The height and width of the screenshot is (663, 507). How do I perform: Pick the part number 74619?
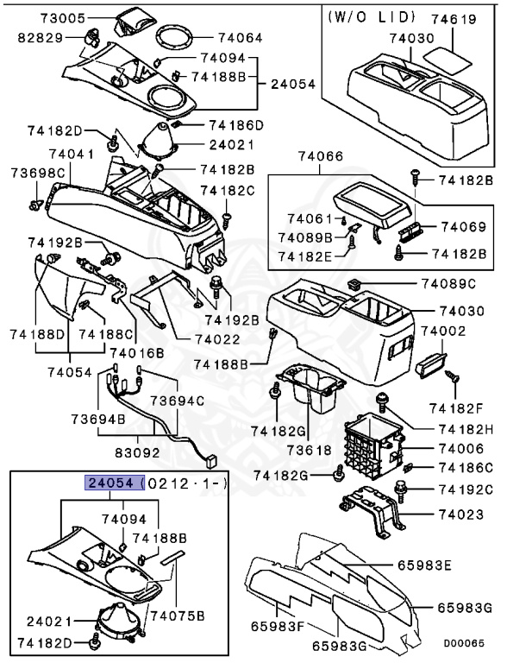[454, 16]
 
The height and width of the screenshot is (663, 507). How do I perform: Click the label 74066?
[320, 157]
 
